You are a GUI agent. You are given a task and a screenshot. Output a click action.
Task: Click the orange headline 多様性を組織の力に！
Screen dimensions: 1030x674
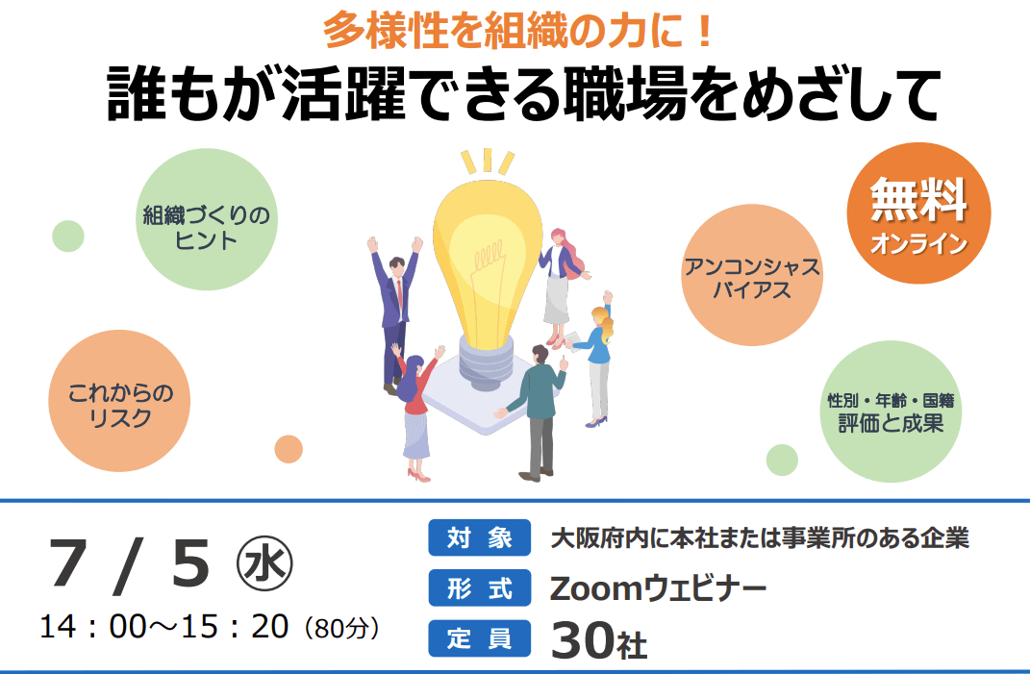518,31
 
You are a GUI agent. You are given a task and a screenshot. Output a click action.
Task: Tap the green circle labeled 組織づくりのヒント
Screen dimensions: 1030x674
206,219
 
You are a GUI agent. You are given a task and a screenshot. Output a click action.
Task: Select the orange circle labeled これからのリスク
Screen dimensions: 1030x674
119,401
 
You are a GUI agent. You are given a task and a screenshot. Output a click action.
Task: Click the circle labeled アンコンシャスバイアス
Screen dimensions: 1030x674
751,275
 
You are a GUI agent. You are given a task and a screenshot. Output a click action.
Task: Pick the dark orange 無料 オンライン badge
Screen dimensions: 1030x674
918,213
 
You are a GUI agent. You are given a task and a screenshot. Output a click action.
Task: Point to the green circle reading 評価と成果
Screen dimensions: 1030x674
891,412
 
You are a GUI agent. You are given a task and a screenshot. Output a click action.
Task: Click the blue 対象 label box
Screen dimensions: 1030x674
480,538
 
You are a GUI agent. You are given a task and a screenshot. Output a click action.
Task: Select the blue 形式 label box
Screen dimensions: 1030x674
480,587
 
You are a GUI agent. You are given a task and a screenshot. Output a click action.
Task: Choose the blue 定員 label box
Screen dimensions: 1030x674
480,637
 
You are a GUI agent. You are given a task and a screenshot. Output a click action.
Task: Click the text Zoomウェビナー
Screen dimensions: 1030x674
658,587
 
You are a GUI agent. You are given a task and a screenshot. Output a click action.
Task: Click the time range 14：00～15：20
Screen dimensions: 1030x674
164,627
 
